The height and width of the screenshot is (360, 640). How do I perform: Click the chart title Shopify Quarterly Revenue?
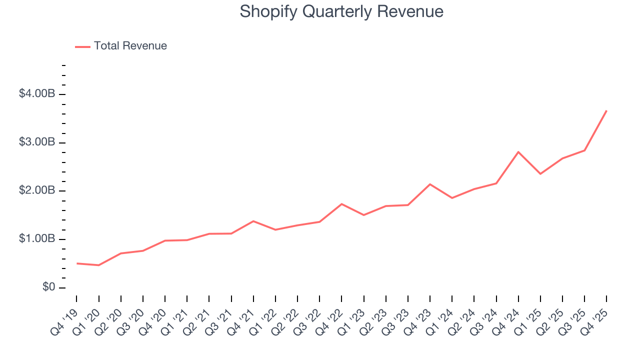341,11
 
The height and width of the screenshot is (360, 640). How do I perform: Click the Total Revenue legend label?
130,46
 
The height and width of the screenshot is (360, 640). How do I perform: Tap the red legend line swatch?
82,46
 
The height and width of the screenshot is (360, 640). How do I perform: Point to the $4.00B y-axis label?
36,94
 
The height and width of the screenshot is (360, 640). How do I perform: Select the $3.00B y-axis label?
36,142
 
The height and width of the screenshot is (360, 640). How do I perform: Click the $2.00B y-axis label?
36,191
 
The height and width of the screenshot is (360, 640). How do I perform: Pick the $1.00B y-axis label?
36,239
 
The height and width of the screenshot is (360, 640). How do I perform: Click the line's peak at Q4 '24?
518,152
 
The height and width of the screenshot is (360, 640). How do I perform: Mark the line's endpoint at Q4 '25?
606,110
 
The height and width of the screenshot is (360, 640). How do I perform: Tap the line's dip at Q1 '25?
540,174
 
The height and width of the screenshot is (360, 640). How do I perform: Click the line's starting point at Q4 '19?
77,263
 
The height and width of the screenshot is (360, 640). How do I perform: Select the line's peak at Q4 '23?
430,184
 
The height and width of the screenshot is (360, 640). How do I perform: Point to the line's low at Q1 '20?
99,265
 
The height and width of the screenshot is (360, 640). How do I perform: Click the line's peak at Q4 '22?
341,203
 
